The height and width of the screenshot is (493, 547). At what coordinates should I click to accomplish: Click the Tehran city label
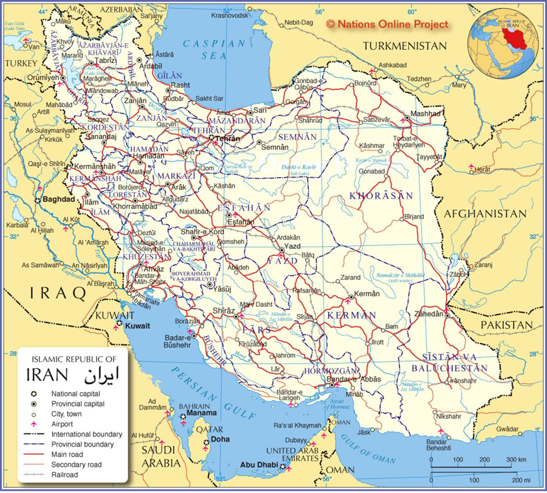(x=227, y=139)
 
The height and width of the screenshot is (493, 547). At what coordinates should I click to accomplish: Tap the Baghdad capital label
(x=58, y=200)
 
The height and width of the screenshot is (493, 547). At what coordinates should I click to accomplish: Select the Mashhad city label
(x=425, y=113)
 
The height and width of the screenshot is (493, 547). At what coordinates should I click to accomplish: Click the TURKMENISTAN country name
(x=404, y=46)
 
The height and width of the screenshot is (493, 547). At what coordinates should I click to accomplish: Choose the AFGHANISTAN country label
(x=485, y=214)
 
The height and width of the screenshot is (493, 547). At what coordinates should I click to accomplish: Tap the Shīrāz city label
(x=223, y=311)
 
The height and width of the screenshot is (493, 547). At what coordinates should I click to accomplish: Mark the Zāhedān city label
(x=428, y=314)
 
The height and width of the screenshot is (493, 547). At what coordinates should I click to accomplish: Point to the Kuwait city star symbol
(x=119, y=323)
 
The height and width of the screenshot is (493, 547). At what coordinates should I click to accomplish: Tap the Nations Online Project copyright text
(x=387, y=25)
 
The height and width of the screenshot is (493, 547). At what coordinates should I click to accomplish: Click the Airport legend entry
(x=62, y=424)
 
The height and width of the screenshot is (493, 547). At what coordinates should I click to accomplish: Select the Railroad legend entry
(x=64, y=474)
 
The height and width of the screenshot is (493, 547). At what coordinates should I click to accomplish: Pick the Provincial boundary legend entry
(x=82, y=444)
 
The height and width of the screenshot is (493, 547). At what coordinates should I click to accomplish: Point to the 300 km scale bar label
(x=516, y=460)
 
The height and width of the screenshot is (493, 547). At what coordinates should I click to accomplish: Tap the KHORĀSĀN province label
(x=381, y=196)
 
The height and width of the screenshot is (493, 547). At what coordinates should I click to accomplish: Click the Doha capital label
(x=220, y=439)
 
